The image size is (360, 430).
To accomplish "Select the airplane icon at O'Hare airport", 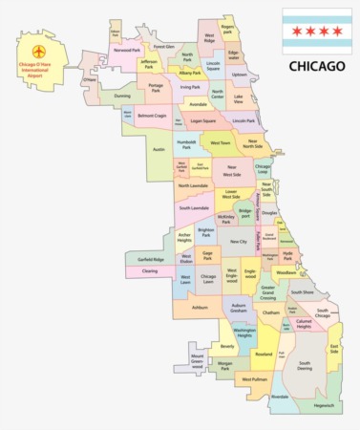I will pos(39,50).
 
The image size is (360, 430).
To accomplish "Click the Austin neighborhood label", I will pos(159,149).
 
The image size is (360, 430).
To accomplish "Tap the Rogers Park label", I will pos(227,30).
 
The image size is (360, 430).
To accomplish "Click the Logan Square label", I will pos(202,121).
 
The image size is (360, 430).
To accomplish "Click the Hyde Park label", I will pos(289,257).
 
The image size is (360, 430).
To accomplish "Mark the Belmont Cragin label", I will pos(152,116).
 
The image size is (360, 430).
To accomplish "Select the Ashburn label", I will pos(200,308).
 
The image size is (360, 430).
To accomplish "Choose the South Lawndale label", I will pos(193,207).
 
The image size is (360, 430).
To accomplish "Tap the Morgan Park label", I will pos(224,366).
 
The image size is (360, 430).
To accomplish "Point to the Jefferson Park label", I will pos(149,66).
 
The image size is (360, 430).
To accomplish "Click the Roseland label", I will pos(264,354).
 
